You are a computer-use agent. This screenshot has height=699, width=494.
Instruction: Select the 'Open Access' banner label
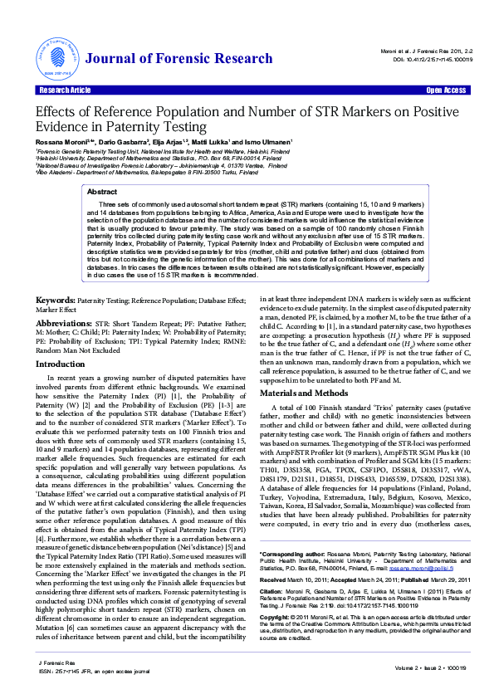click(x=445, y=90)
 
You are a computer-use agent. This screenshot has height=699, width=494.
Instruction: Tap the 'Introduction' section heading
click(x=61, y=364)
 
